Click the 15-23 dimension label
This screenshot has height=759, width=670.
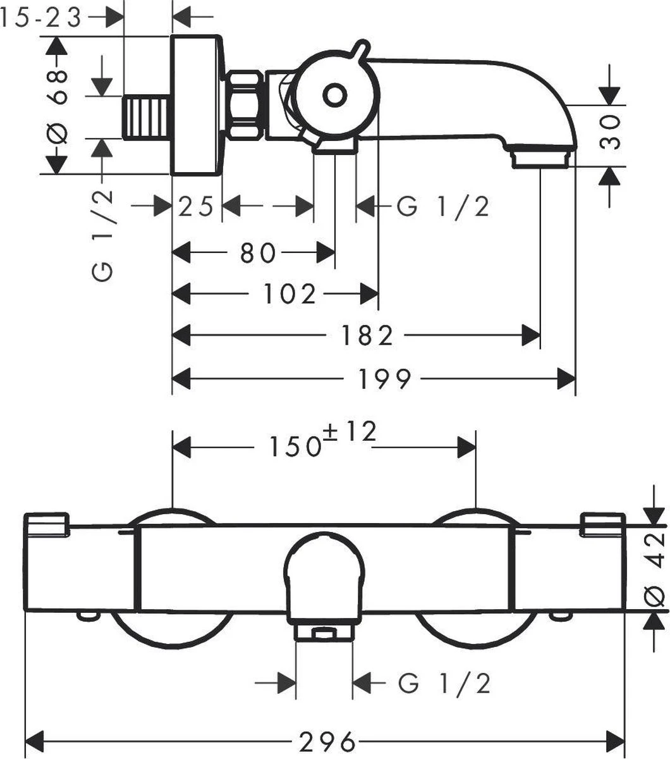pyautogui.click(x=42, y=18)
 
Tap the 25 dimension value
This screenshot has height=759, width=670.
pyautogui.click(x=195, y=206)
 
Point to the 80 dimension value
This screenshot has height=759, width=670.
pyautogui.click(x=258, y=253)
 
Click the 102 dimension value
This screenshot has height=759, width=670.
pyautogui.click(x=289, y=293)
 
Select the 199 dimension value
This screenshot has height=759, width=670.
pyautogui.click(x=385, y=379)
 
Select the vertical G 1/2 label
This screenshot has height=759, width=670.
pyautogui.click(x=103, y=235)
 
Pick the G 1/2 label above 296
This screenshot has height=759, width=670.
pyautogui.click(x=445, y=683)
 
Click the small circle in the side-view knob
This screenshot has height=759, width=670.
pyautogui.click(x=334, y=96)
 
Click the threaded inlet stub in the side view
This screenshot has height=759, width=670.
pyautogui.click(x=147, y=118)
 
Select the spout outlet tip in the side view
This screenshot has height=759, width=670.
pyautogui.click(x=541, y=157)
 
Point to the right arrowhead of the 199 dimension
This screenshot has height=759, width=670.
pyautogui.click(x=566, y=379)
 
